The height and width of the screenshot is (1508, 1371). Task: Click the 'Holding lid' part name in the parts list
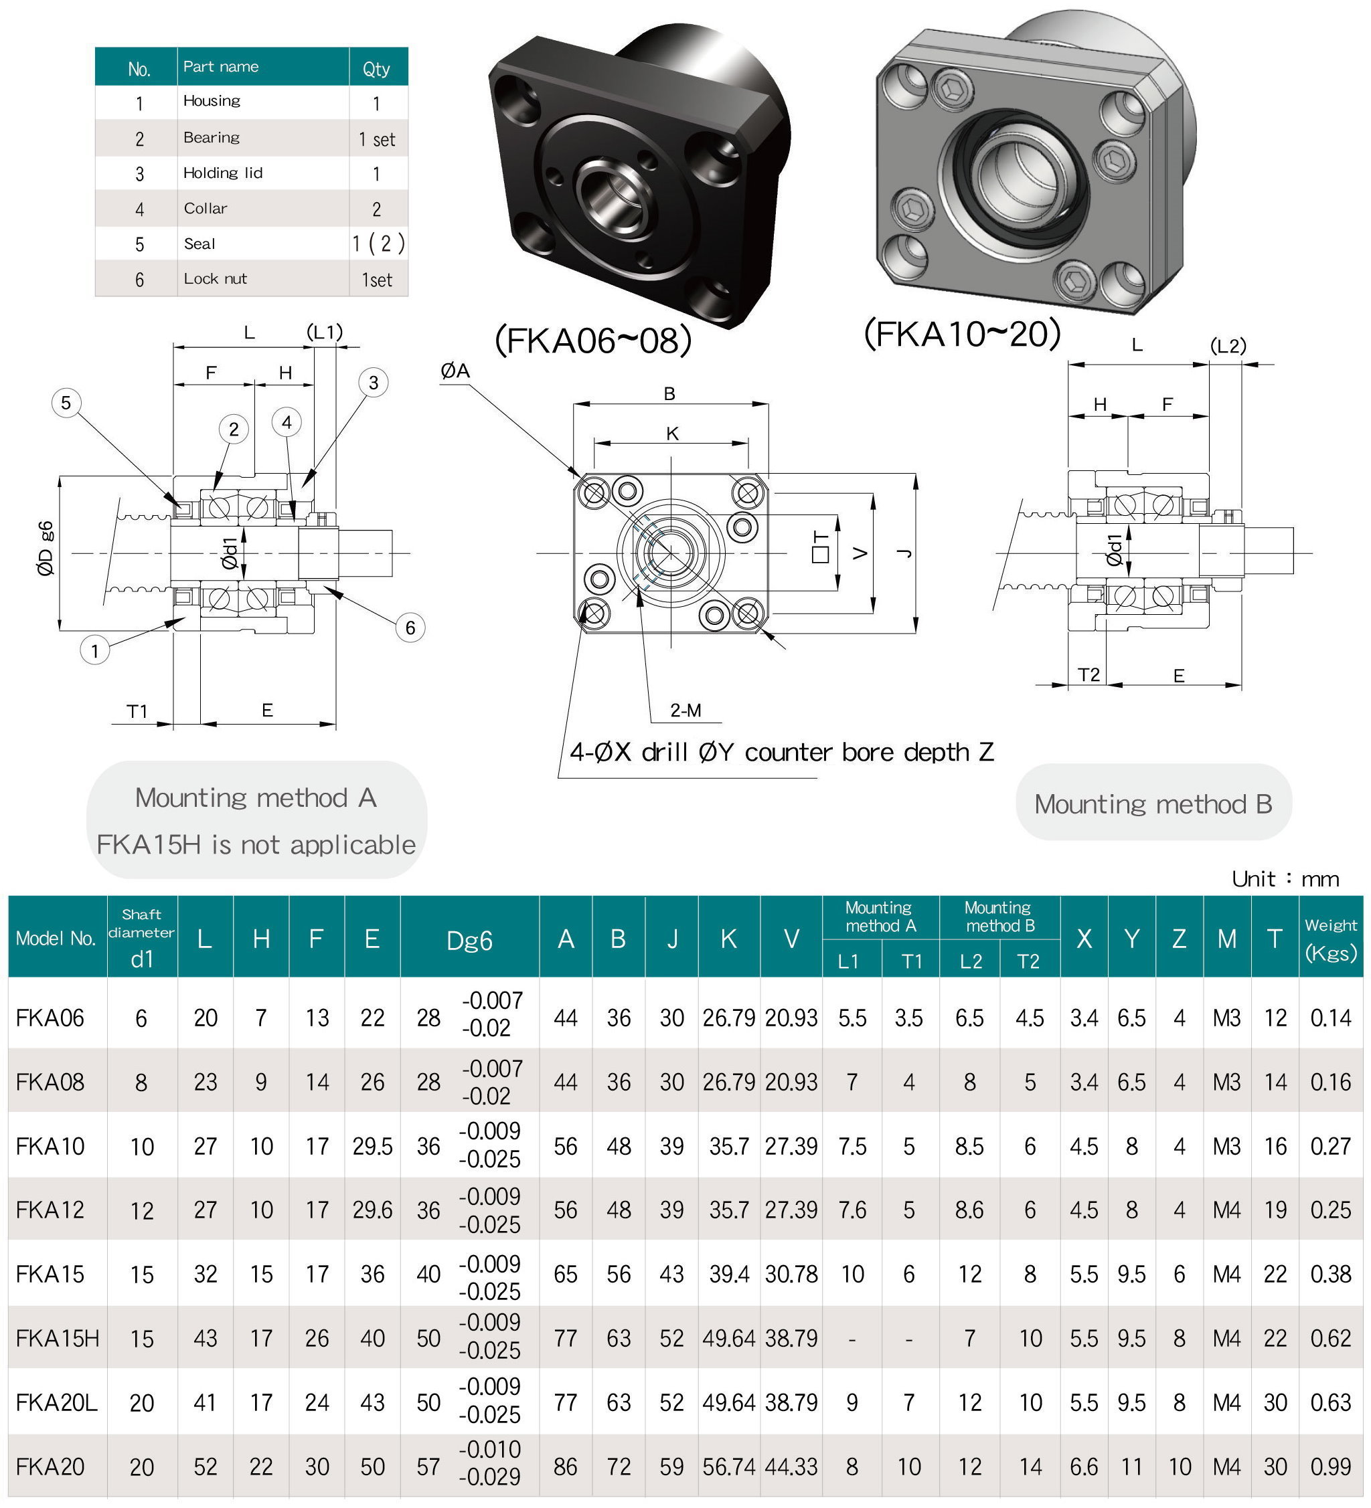pos(223,173)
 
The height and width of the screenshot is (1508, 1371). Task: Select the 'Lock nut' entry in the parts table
pos(216,279)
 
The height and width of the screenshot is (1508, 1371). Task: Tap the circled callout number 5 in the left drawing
pos(66,403)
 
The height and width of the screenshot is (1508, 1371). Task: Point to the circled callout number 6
pos(410,628)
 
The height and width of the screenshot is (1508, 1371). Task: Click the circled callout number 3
pos(374,383)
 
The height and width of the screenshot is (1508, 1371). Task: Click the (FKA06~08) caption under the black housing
pos(592,341)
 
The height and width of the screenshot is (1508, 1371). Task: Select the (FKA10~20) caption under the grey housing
pos(963,334)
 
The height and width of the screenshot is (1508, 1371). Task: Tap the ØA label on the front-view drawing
pos(455,370)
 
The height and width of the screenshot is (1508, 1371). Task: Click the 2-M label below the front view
pos(685,711)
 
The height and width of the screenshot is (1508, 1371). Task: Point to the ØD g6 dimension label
pos(46,549)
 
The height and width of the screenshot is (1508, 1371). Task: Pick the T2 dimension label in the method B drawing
pos(1089,676)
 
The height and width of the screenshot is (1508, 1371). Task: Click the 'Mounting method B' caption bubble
pos(1153,804)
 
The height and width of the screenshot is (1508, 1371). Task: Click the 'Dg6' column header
pos(469,940)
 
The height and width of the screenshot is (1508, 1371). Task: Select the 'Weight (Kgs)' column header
pos(1331,939)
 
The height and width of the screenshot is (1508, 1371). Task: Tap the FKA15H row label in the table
pos(58,1338)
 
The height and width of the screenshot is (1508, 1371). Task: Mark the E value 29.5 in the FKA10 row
pos(372,1147)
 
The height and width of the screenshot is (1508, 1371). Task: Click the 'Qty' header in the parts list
pos(376,69)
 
